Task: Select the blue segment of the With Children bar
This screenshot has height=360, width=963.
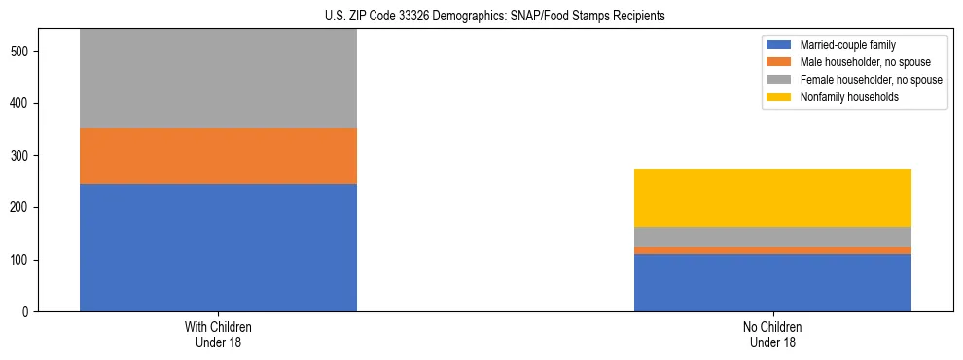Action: [x=218, y=247]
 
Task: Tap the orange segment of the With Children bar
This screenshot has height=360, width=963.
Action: [x=218, y=156]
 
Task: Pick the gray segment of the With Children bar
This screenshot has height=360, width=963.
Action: [x=218, y=79]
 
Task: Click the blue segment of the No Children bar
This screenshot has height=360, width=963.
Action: [x=772, y=282]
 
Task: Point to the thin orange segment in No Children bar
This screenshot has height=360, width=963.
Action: [x=772, y=251]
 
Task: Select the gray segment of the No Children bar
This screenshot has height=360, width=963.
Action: [x=772, y=236]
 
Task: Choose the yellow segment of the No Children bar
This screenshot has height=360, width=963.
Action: [x=772, y=198]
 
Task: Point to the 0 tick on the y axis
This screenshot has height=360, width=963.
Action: [x=31, y=312]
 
